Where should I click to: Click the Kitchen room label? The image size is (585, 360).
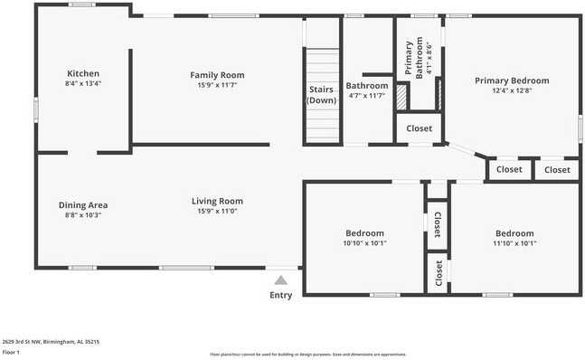tap(83, 73)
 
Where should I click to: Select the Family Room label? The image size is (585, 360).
tap(217, 75)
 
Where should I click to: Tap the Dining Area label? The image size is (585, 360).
tap(83, 204)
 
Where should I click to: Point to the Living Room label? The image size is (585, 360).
tap(217, 201)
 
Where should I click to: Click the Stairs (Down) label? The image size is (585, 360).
tap(321, 95)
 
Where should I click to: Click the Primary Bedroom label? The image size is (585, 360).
tap(512, 81)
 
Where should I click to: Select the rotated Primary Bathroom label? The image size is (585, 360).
tap(413, 60)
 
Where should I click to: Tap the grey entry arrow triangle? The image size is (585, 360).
tap(281, 281)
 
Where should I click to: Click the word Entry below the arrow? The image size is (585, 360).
tap(281, 296)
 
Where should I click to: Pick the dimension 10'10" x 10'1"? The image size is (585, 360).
tap(364, 242)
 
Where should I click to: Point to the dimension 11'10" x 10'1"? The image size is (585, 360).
tap(514, 242)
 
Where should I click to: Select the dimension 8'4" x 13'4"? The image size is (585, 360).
tap(83, 84)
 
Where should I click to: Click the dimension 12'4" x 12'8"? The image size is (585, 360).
tap(512, 90)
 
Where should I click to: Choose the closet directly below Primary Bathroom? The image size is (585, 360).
tap(419, 128)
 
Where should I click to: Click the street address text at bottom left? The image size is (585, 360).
tap(51, 342)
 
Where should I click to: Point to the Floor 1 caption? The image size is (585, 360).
tap(11, 353)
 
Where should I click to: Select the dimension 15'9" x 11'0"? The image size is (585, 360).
tap(217, 212)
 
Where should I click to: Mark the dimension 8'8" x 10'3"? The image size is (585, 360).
tap(83, 215)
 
